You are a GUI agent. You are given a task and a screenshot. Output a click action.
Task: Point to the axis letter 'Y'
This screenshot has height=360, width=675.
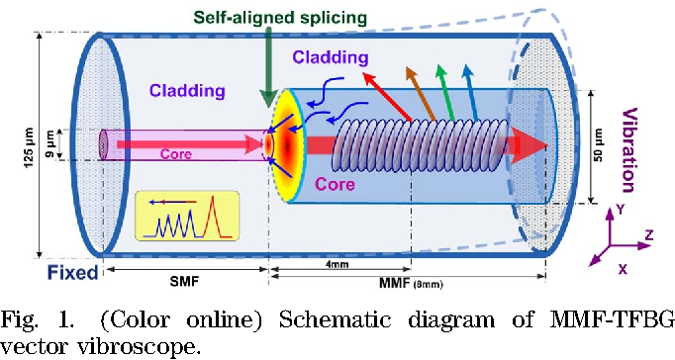(619, 209)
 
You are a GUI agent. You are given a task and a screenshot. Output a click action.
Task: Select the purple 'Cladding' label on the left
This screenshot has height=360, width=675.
(187, 91)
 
